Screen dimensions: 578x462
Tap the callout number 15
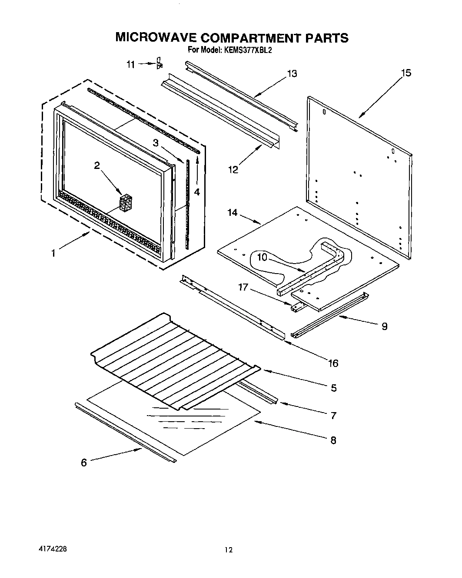click(405, 73)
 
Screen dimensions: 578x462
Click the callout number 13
click(292, 74)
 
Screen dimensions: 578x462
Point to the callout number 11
click(131, 64)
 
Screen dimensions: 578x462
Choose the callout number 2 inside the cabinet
click(97, 165)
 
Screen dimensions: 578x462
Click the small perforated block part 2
click(126, 203)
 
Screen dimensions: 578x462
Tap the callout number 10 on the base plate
click(262, 257)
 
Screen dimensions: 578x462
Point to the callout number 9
click(384, 327)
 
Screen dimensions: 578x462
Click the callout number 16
click(333, 363)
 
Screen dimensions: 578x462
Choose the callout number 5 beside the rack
click(333, 387)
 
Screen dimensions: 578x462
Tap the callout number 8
click(333, 440)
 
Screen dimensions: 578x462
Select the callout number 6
click(84, 462)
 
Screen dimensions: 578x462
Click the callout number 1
click(53, 253)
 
